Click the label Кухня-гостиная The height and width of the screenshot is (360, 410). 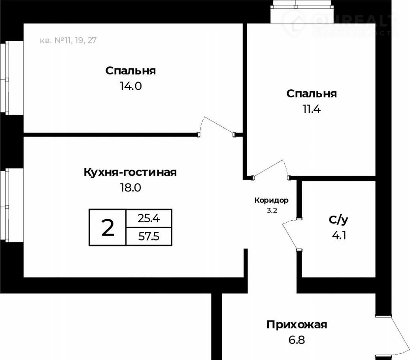coord(130,172)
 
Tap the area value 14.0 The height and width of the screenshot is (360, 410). coord(131,86)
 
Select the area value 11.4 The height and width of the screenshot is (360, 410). coord(312,109)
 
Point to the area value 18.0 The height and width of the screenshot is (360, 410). coord(130,188)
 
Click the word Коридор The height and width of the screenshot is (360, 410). coord(271,201)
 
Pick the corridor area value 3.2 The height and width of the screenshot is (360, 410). coord(272,210)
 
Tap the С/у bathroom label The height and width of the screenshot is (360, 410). coord(338,220)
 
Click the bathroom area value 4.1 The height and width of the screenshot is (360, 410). coord(339,235)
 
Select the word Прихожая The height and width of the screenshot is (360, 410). coord(297,325)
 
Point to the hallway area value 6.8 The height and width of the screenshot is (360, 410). coord(297,340)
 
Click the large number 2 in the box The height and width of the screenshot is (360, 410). coord(108,227)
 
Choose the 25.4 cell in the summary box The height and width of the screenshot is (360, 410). coord(149,218)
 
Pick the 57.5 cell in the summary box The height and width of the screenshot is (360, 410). coord(149,237)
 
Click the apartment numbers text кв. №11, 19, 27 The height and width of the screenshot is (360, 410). coord(68,40)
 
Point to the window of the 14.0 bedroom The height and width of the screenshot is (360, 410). coord(5,78)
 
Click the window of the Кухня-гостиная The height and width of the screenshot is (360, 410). coord(5,205)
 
